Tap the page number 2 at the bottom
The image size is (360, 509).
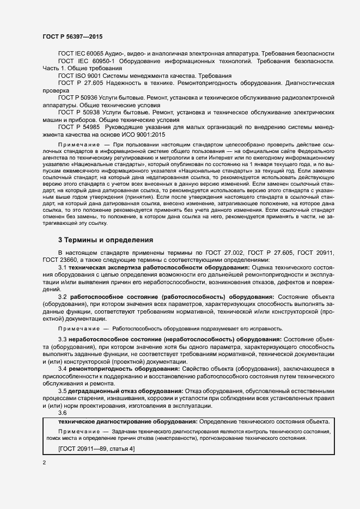[45, 462]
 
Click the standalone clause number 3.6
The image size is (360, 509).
[62, 413]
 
